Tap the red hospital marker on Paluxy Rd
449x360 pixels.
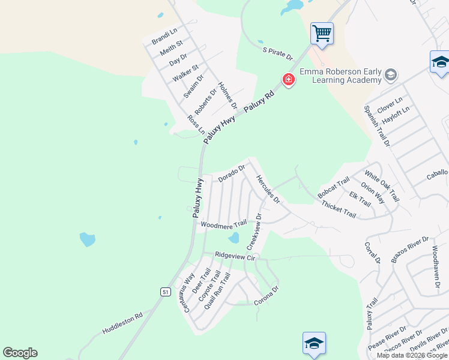pos(289,79)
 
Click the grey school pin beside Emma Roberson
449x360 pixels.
pos(391,74)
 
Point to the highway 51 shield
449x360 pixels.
pos(165,291)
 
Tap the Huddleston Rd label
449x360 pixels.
pos(122,323)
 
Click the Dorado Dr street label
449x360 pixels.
pos(232,174)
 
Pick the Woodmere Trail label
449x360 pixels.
pos(223,224)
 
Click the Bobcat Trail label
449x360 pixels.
pos(334,188)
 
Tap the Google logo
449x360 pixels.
pos(20,353)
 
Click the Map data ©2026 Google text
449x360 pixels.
pos(412,355)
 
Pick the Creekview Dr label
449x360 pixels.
pos(255,232)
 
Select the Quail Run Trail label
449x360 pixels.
pos(217,290)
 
